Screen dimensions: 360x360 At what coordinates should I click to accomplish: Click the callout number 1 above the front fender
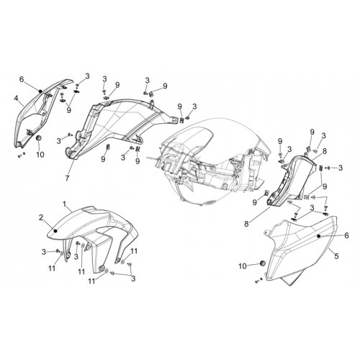[x=65, y=204]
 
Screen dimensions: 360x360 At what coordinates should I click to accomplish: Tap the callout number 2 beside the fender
[x=41, y=217]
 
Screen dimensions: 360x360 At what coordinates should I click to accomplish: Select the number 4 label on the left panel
[x=16, y=98]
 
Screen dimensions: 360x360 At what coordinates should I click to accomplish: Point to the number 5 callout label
[x=336, y=256]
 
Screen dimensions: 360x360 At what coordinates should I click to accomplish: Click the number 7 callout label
[x=67, y=178]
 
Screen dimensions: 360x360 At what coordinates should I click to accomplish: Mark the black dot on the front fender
[x=55, y=231]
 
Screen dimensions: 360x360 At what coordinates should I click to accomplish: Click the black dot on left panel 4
[x=40, y=91]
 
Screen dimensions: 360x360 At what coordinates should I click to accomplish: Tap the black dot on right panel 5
[x=319, y=236]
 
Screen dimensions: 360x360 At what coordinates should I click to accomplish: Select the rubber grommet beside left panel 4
[x=39, y=138]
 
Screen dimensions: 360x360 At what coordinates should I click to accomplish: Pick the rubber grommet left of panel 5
[x=262, y=264]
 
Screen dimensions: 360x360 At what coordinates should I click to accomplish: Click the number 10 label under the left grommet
[x=40, y=154]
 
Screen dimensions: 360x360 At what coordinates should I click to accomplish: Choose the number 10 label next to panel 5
[x=243, y=266]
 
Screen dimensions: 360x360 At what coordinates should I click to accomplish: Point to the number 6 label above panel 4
[x=22, y=79]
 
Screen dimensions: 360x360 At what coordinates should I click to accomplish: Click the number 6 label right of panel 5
[x=346, y=235]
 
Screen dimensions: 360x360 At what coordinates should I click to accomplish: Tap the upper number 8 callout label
[x=325, y=151]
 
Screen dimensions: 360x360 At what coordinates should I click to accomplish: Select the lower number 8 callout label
[x=246, y=224]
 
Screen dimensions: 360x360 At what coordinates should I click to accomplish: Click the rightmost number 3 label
[x=341, y=168]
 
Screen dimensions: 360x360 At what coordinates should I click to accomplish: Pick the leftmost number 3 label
[x=44, y=252]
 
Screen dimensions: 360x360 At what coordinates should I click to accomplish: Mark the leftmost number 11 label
[x=52, y=269]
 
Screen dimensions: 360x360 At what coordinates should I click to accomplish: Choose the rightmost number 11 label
[x=134, y=251]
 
